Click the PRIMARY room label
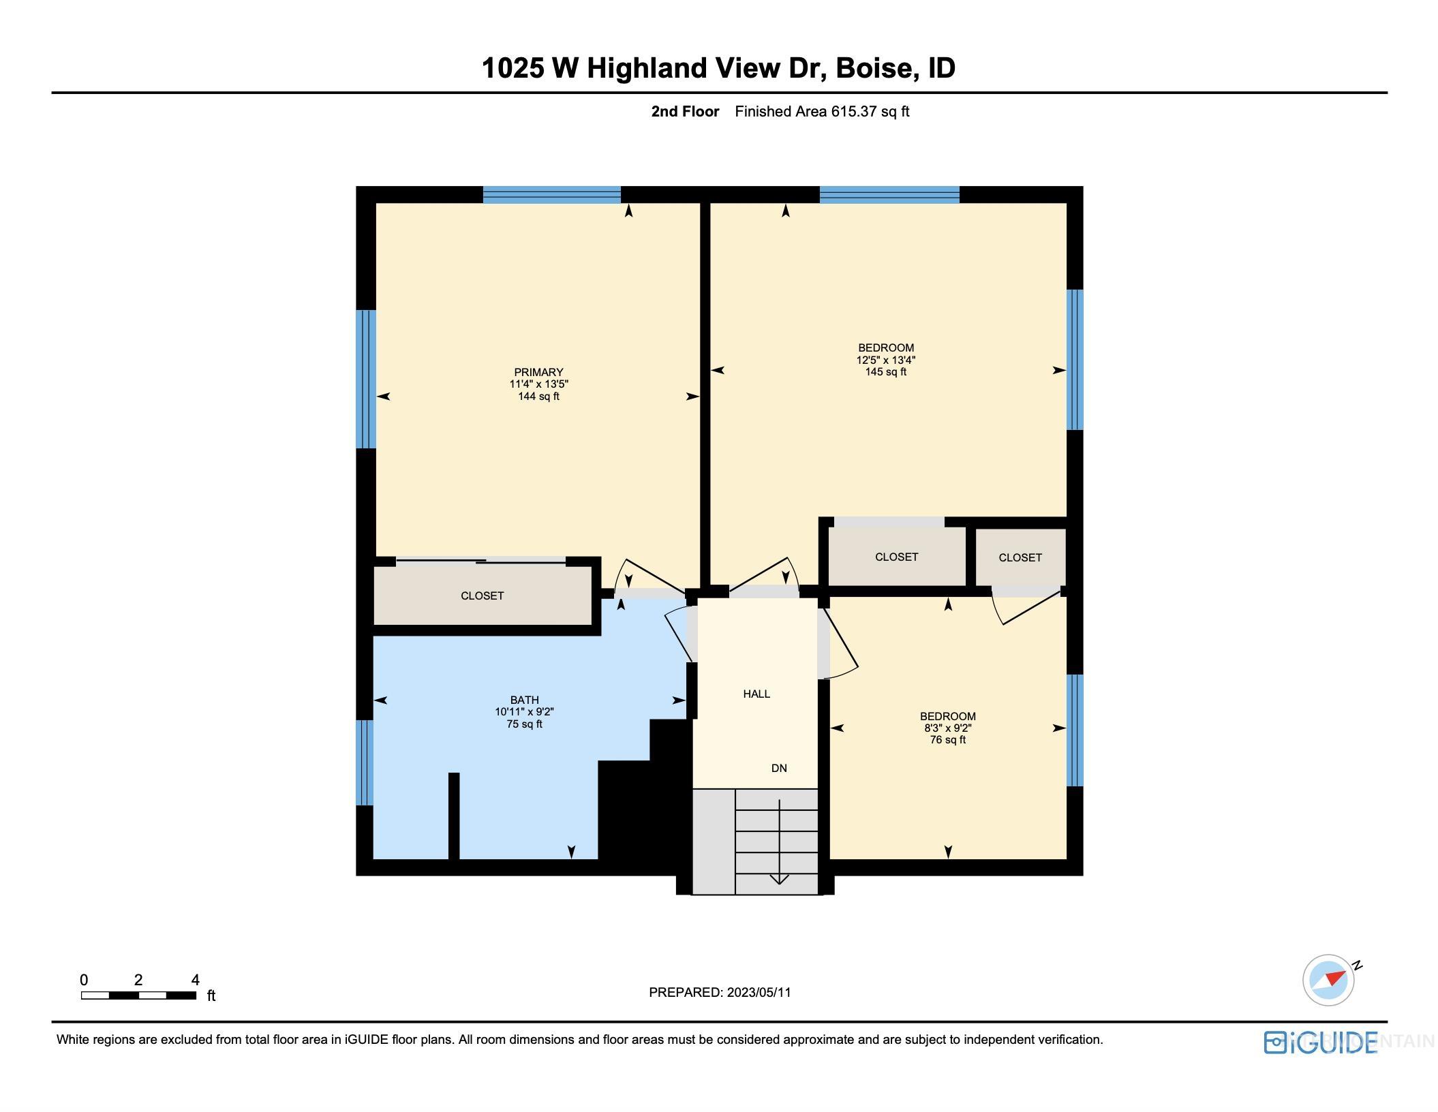coord(538,372)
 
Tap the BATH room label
coord(524,700)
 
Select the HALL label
coord(756,694)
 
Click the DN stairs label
coord(779,768)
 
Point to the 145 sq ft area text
coord(885,372)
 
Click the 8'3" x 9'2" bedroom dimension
coord(947,728)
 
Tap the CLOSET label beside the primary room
coord(482,596)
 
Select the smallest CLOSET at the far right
coord(1020,557)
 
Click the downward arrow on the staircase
coord(779,878)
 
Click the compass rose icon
coord(1328,980)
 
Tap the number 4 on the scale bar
coord(195,980)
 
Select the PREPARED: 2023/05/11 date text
coord(720,992)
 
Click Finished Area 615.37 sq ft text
coord(821,112)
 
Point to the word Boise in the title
coord(874,68)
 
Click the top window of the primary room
coord(551,195)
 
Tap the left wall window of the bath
coord(365,762)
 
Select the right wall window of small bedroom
coord(1074,730)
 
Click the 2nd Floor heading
coord(684,112)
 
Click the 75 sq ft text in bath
coord(524,724)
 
